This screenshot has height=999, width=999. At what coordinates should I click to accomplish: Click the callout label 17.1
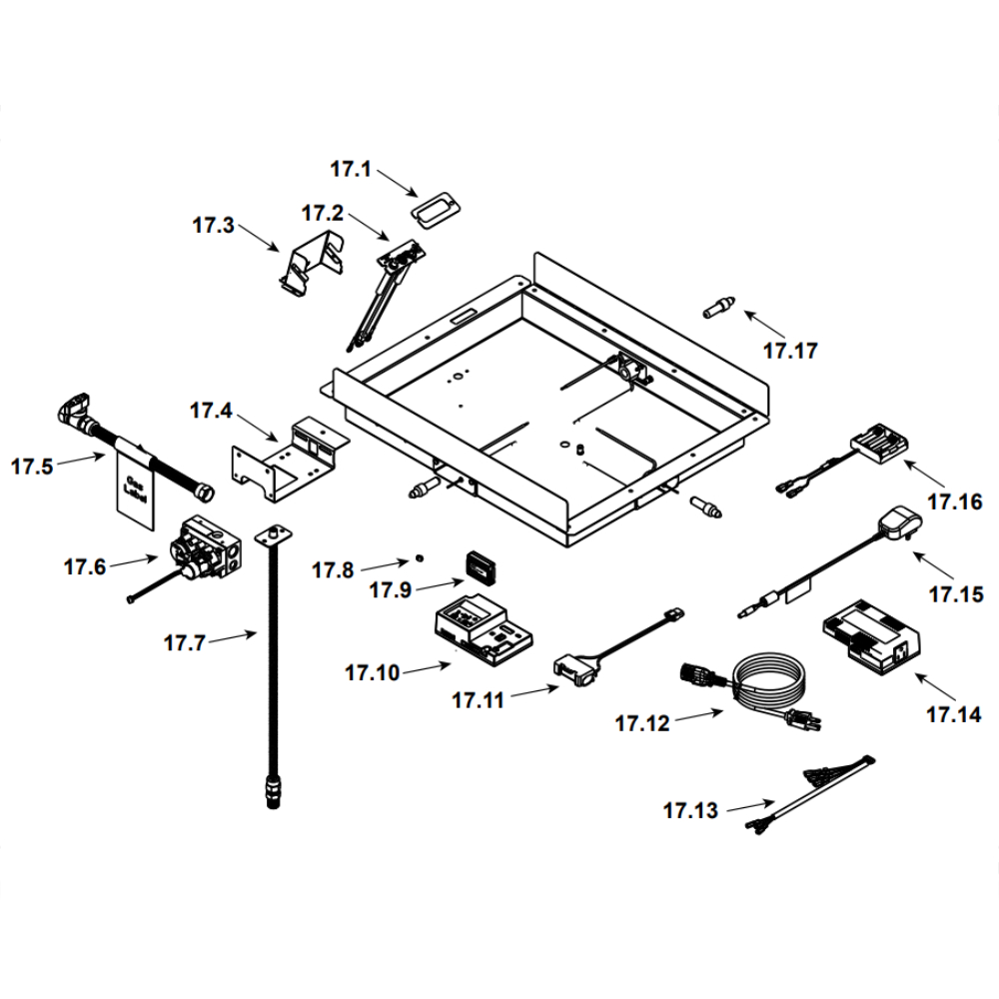point(351,170)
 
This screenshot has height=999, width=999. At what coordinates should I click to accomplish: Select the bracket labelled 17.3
point(312,262)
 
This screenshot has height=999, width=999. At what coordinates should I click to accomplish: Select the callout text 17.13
point(690,810)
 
